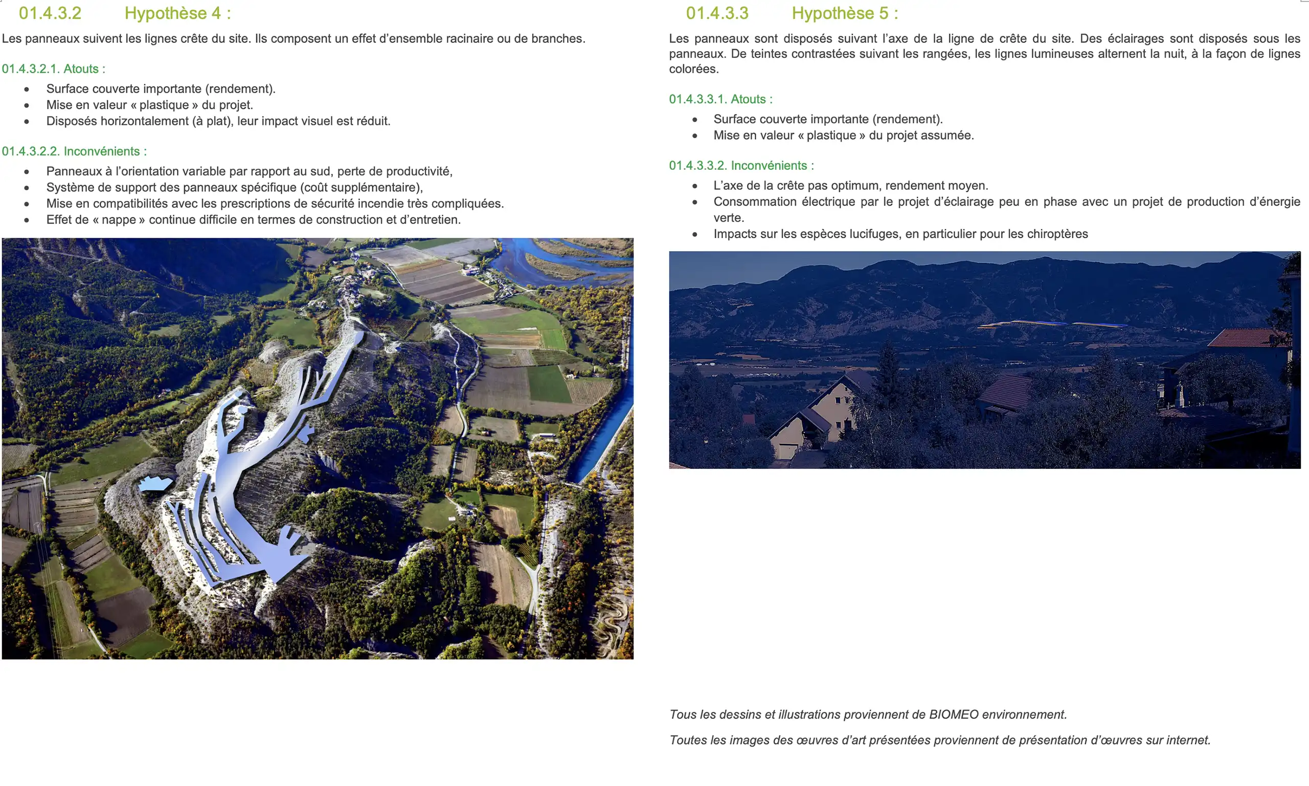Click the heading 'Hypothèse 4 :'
177,13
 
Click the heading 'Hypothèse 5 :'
845,13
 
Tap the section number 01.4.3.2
50,13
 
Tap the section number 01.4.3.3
717,13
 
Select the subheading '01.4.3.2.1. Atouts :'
54,69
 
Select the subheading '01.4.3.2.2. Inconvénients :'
74,151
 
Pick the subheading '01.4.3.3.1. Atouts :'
720,99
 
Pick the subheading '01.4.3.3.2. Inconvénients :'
741,166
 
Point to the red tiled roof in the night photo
1247,338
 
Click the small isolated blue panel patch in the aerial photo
154,483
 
